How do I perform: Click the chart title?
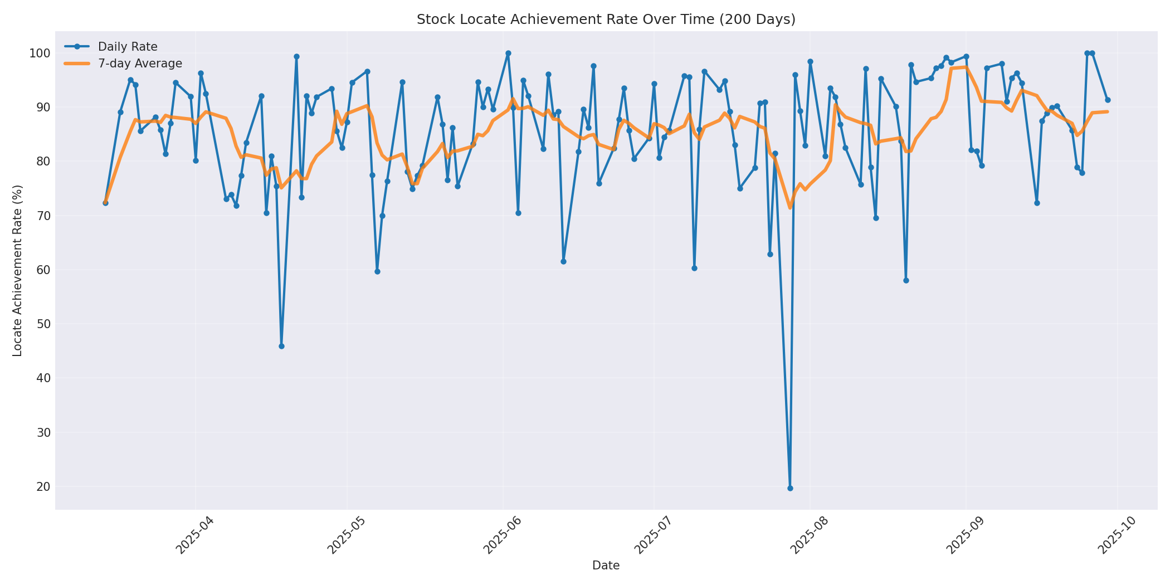click(x=606, y=19)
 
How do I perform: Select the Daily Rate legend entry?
click(x=128, y=47)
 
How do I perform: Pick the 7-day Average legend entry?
click(x=140, y=64)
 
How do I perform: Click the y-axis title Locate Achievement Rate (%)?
click(x=17, y=271)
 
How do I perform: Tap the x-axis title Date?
click(x=606, y=565)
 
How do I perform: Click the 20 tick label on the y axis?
click(x=42, y=487)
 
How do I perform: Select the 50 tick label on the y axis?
click(x=42, y=324)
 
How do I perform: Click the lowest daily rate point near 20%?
click(x=790, y=488)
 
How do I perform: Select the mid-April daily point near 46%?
click(x=281, y=346)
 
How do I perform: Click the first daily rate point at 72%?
click(x=105, y=203)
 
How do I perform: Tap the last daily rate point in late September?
click(x=1108, y=100)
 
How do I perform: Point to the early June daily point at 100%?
click(x=508, y=53)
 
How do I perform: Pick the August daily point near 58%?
click(x=906, y=280)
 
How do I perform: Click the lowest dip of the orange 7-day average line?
click(x=790, y=208)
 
